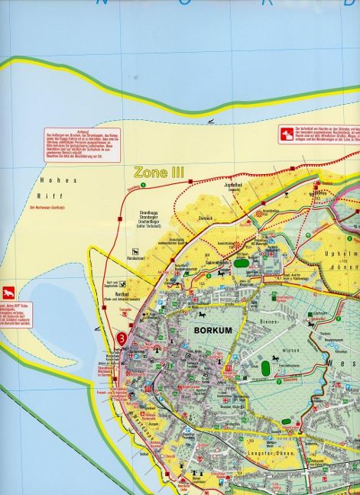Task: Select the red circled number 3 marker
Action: point(121,339)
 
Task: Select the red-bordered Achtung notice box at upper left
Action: point(83,144)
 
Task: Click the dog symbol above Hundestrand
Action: point(135,251)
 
